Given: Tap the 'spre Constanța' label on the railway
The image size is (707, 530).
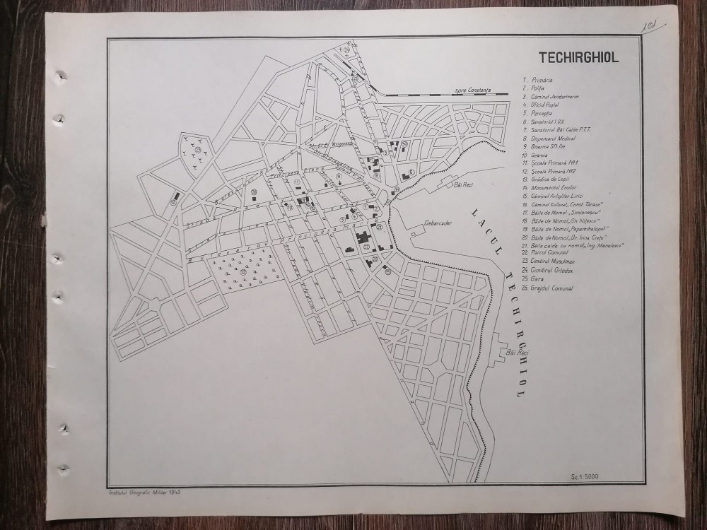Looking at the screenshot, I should (x=473, y=90).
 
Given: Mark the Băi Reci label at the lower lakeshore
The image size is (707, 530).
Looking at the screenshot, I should (x=518, y=351).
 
